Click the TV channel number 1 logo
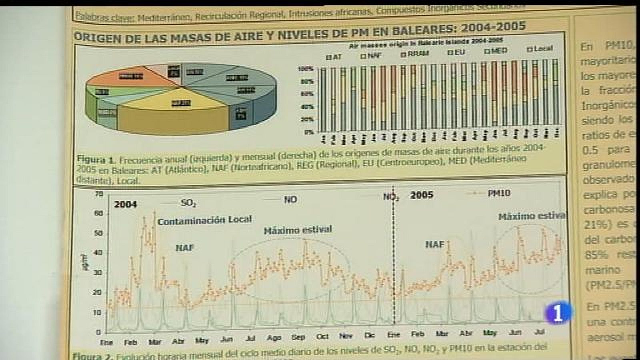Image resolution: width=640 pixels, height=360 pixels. pos(558,313)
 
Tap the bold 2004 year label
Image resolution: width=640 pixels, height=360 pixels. pos(126,204)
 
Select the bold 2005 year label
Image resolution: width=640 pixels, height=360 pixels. pos(422,195)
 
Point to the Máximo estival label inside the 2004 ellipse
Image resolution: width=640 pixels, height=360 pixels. pos(298,230)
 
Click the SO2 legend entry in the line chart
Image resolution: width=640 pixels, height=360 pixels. pos(188,203)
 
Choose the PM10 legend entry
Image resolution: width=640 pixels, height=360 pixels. pos(499,193)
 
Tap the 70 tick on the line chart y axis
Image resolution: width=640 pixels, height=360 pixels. pos(99,194)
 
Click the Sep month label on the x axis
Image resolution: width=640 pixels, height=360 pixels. pos(298,337)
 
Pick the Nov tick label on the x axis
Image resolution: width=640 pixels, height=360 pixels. pos(346,336)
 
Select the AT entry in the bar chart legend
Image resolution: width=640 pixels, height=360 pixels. pos(335,57)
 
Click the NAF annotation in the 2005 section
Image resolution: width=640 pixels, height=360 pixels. pos(435,244)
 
